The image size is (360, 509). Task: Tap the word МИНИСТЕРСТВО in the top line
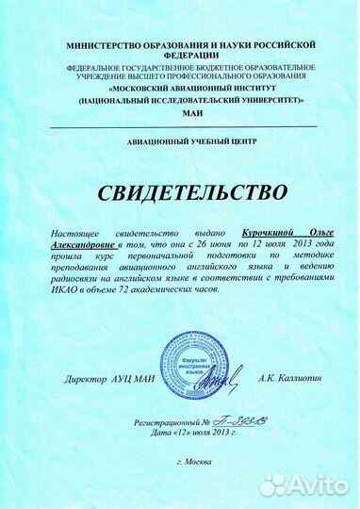[x=103, y=44]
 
